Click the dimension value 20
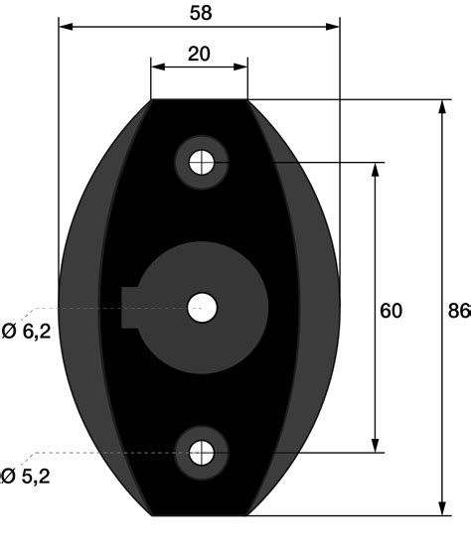pos(199,54)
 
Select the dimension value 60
pos(391,311)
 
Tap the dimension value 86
pos(458,311)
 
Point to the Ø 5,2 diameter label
pos(26,476)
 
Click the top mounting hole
pos(201,162)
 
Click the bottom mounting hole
pos(201,454)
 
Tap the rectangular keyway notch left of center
pos(130,307)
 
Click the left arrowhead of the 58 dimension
pos(65,27)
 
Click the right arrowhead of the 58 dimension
pos(334,27)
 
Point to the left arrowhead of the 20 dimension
pos(157,68)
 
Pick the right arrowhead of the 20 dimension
pos(241,68)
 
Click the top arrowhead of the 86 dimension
pos(441,106)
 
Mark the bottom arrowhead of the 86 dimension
pos(441,509)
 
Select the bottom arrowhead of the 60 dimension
pos(375,447)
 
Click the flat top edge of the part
pos(199,100)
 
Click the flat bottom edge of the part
pos(199,515)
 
